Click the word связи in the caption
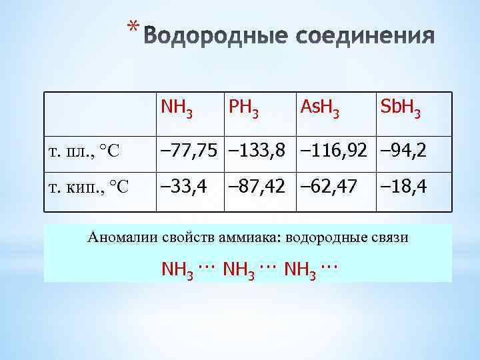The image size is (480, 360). point(390,238)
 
